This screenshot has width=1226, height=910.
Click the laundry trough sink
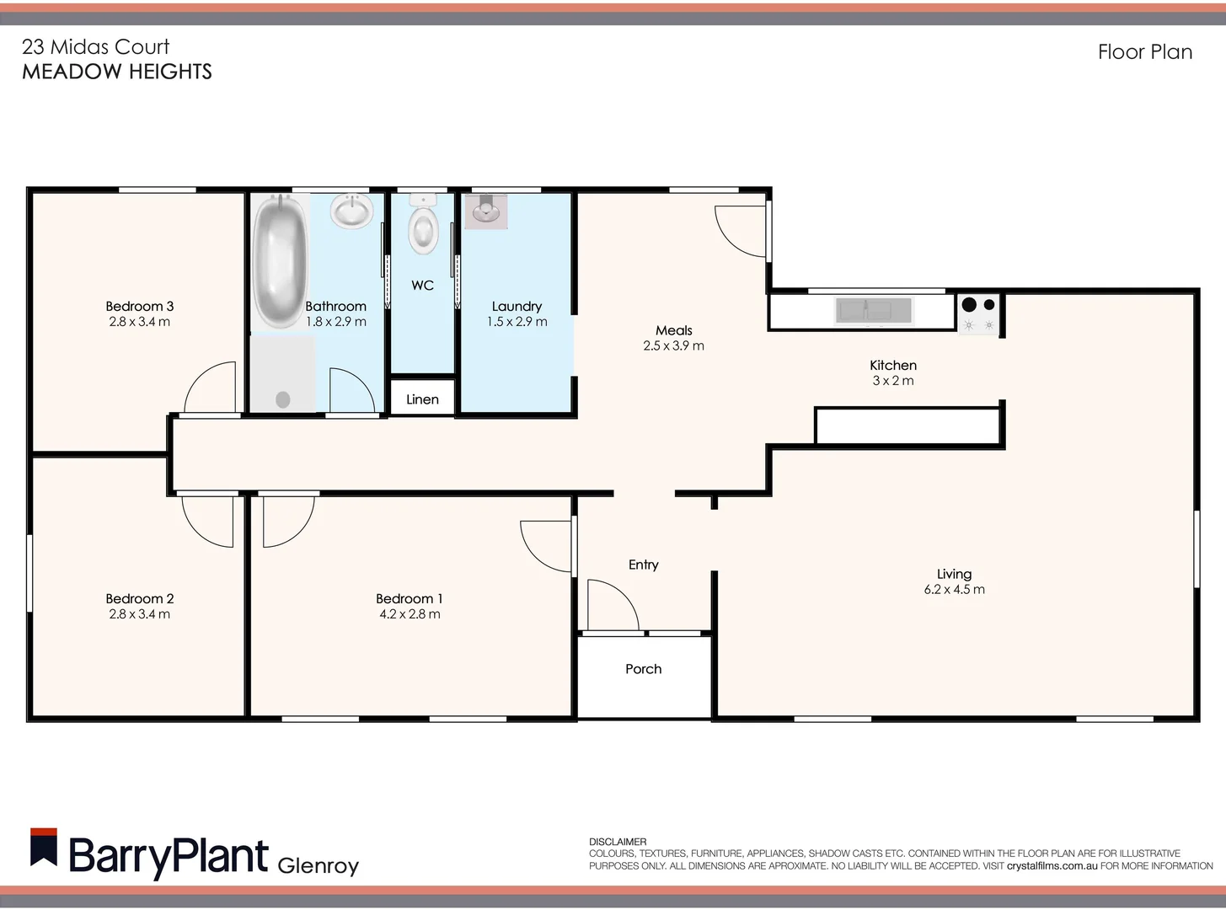pyautogui.click(x=486, y=211)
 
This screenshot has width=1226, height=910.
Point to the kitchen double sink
pyautogui.click(x=873, y=311)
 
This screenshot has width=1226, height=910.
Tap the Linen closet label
pyautogui.click(x=422, y=399)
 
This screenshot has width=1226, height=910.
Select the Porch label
pyautogui.click(x=643, y=669)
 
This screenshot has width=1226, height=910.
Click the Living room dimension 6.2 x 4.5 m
pyautogui.click(x=954, y=590)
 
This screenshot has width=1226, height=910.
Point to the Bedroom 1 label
pyautogui.click(x=409, y=599)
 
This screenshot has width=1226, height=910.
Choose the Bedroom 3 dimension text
pyautogui.click(x=139, y=322)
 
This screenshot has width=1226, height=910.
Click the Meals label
pyautogui.click(x=673, y=331)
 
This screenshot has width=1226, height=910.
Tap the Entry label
pyautogui.click(x=643, y=565)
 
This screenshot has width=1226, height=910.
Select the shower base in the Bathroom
pyautogui.click(x=282, y=375)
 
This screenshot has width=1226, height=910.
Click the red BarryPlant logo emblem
pyautogui.click(x=44, y=848)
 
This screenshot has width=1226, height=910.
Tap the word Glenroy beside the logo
pyautogui.click(x=318, y=865)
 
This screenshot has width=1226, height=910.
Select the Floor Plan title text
pyautogui.click(x=1144, y=52)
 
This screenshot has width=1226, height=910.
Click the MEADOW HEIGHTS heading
pyautogui.click(x=117, y=72)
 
